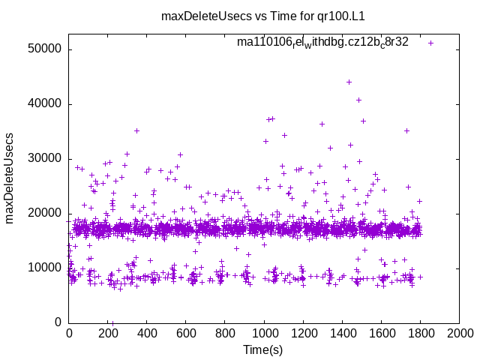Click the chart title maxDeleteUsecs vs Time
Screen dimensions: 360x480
tap(240, 15)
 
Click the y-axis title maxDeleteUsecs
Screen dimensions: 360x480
tap(10, 186)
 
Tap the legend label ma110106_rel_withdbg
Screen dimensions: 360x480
tap(322, 42)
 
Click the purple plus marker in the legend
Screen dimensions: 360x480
tap(431, 43)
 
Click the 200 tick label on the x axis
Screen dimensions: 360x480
tap(108, 332)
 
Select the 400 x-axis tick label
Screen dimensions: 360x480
tap(147, 332)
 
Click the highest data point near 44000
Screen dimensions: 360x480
tap(349, 82)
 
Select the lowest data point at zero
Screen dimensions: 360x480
tap(112, 322)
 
